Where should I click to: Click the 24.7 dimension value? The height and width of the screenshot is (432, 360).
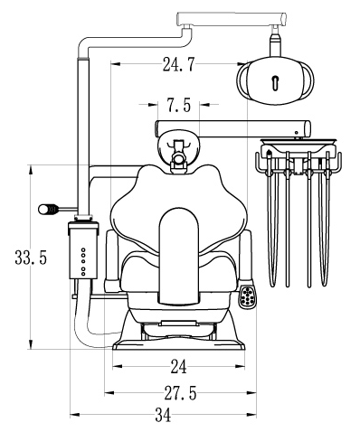179,64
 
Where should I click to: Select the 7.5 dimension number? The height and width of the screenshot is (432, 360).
179,105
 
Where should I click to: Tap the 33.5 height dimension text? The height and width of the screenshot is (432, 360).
31,258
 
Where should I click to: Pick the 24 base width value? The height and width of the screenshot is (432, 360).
179,367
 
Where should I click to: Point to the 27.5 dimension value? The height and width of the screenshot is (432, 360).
180,393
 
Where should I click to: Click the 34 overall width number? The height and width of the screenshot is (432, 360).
163,415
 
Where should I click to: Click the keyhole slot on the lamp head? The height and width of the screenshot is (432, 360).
276,83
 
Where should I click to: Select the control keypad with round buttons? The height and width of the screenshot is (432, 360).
248,296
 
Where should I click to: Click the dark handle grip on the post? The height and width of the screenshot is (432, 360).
48,209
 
